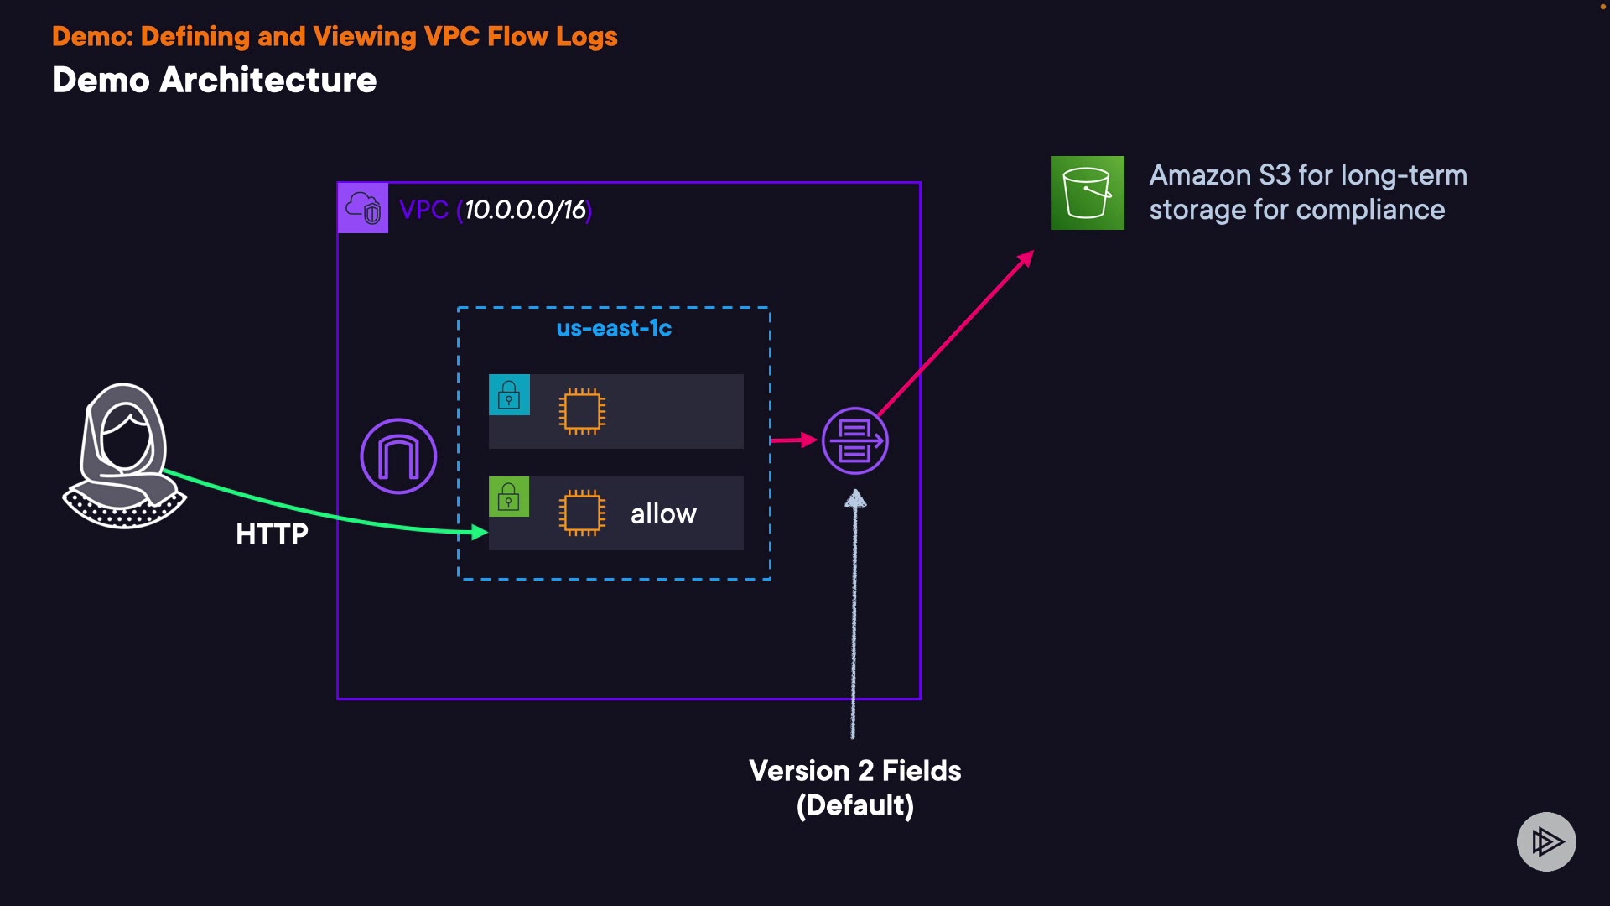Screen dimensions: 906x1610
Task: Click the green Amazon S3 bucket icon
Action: pyautogui.click(x=1087, y=193)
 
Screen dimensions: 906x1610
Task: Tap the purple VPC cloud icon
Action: pyautogui.click(x=363, y=208)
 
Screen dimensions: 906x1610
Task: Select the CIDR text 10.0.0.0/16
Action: pyautogui.click(x=525, y=210)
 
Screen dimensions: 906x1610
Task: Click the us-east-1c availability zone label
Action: pyautogui.click(x=614, y=328)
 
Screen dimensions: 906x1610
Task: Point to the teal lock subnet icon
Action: pyautogui.click(x=509, y=394)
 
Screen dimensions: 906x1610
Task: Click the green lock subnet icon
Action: pyautogui.click(x=509, y=497)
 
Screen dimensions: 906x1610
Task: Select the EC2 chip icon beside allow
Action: pyautogui.click(x=582, y=513)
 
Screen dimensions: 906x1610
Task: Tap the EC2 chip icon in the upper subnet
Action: pyautogui.click(x=582, y=411)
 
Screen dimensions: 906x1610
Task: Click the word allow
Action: pyautogui.click(x=663, y=513)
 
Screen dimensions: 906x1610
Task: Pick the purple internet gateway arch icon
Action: pyautogui.click(x=398, y=456)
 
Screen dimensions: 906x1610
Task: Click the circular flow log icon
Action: pyautogui.click(x=854, y=441)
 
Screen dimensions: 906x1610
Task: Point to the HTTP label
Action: pyautogui.click(x=272, y=534)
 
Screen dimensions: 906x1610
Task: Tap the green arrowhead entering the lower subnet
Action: pyautogui.click(x=480, y=532)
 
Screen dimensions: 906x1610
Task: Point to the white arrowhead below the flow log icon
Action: pyautogui.click(x=855, y=500)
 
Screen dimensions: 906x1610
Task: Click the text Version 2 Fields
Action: pyautogui.click(x=854, y=771)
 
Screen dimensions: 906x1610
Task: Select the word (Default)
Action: pyautogui.click(x=854, y=806)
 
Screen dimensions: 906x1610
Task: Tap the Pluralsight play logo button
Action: pyautogui.click(x=1546, y=841)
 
